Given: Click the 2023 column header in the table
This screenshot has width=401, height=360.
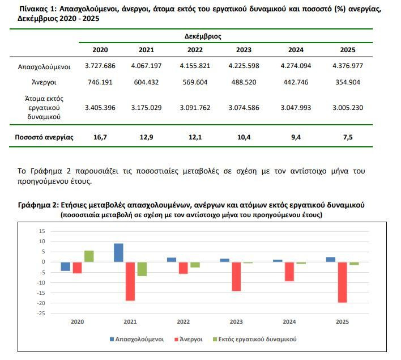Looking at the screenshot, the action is click(244, 50).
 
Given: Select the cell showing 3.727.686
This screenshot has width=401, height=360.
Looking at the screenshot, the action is click(100, 66).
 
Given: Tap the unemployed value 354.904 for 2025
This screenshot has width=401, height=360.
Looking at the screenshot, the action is click(348, 82).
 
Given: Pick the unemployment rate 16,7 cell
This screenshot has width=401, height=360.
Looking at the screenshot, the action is click(100, 137).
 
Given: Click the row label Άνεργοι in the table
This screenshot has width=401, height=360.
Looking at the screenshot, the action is click(44, 82).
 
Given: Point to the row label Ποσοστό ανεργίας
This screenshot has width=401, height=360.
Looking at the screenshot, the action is click(44, 138).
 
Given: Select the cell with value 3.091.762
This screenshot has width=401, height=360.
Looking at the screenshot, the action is click(195, 108).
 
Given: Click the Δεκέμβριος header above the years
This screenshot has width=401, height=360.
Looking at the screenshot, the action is click(203, 36).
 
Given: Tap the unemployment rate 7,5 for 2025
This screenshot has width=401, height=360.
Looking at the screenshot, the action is click(348, 137).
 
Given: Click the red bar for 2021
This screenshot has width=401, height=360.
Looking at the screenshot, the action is click(130, 281).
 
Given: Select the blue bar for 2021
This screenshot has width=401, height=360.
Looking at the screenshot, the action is click(118, 253).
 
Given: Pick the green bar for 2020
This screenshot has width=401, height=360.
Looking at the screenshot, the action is click(89, 256).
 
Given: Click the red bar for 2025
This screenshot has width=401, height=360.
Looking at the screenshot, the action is click(342, 282).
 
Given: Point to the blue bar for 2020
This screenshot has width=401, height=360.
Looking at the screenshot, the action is click(66, 266).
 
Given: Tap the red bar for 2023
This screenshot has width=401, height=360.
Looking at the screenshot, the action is click(236, 276).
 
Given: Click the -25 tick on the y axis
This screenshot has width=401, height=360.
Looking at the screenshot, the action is click(41, 314).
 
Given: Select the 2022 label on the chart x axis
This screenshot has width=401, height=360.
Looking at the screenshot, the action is click(183, 322).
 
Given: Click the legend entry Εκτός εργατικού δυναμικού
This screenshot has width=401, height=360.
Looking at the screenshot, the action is click(255, 339).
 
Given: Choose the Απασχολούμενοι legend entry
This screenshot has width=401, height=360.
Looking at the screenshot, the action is click(137, 339).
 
